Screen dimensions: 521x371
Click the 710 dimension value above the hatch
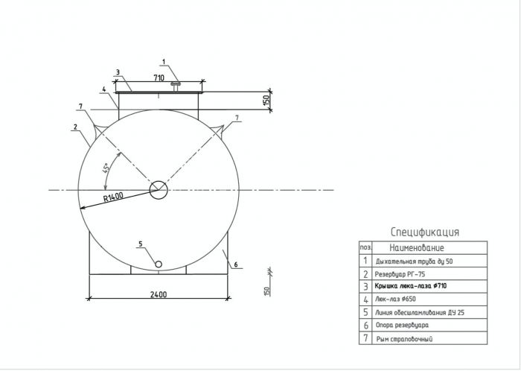pos(159,77)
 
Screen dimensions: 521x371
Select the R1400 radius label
pos(113,197)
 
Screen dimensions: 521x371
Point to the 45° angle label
pos(106,168)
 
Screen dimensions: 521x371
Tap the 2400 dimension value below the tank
pos(159,294)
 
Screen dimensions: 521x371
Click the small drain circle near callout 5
pos(159,264)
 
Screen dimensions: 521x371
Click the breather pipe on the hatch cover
pos(176,86)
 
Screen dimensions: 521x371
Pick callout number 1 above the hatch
pos(164,62)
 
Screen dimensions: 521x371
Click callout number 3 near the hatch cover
pos(118,72)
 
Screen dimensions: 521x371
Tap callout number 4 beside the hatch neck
pos(103,89)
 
